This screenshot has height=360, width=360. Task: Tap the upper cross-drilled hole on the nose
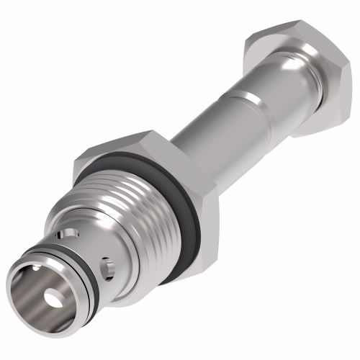pyautogui.click(x=69, y=234)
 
